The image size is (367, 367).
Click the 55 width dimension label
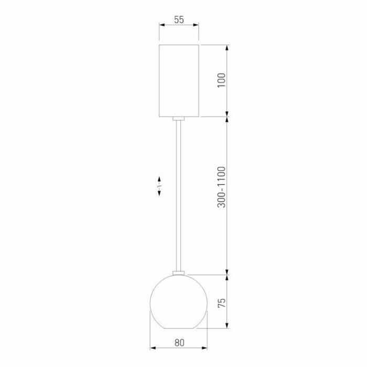[179, 19]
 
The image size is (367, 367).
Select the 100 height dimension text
[221, 80]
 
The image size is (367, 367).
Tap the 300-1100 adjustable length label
[221, 187]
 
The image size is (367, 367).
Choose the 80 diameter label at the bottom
[179, 342]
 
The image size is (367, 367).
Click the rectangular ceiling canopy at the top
[179, 80]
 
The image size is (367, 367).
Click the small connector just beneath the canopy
[179, 119]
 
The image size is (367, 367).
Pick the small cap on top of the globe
[179, 272]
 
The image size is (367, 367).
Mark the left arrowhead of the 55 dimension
[161, 25]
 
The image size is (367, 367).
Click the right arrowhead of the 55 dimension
[197, 25]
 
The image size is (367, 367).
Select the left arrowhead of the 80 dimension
[153, 348]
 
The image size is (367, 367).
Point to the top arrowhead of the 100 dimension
[228, 48]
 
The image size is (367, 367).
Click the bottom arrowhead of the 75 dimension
[228, 326]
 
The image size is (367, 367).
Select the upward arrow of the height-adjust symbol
[159, 180]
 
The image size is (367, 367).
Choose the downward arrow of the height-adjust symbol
[159, 194]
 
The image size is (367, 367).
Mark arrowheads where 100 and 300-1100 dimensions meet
[228, 116]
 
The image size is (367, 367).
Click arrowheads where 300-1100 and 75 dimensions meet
[228, 274]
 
